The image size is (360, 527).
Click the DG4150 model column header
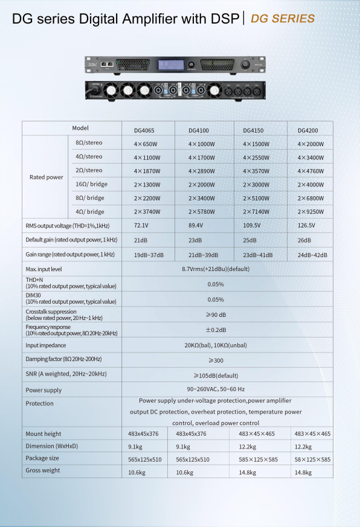point(252,130)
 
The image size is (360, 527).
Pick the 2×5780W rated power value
point(202,212)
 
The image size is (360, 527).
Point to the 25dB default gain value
point(250,240)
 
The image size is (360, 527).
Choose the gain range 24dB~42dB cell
point(313,255)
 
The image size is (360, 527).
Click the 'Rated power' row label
point(46,177)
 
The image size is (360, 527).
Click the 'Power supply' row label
point(43,391)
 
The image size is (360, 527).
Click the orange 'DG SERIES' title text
point(282,19)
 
